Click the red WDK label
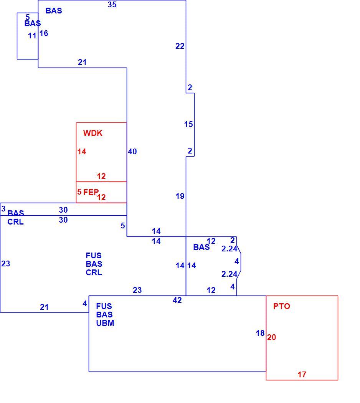click(x=93, y=133)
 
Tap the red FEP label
click(x=91, y=192)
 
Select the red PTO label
click(x=282, y=306)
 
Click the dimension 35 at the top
click(x=112, y=5)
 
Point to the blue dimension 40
click(x=132, y=152)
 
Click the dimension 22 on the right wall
click(x=180, y=46)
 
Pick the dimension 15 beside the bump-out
click(x=188, y=124)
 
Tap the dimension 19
click(x=180, y=196)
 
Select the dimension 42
click(x=177, y=300)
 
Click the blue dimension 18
click(x=260, y=333)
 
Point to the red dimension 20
click(x=272, y=337)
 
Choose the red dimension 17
click(x=302, y=375)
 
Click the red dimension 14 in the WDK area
click(x=82, y=152)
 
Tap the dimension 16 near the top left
click(x=44, y=33)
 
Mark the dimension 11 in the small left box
click(x=32, y=36)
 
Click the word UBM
click(x=105, y=323)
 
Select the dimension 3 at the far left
click(x=3, y=209)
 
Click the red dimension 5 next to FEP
click(x=79, y=192)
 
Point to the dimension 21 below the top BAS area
click(x=82, y=62)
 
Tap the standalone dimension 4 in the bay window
click(x=237, y=261)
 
